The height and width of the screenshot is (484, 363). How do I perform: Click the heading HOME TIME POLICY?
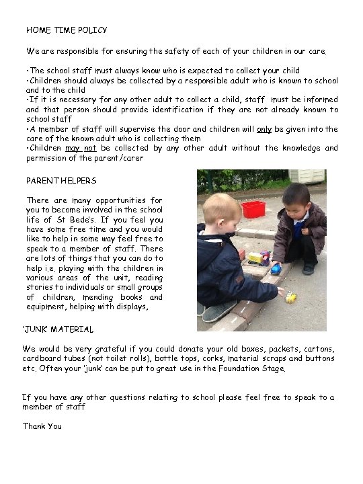point(66,30)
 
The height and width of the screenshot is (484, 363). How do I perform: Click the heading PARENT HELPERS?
point(61,181)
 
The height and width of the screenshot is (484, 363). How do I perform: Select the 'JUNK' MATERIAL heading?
point(58,329)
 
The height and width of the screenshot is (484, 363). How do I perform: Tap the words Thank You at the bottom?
point(42,426)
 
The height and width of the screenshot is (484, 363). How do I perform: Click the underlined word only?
point(264,128)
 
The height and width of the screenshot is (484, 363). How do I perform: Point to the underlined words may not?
point(80,148)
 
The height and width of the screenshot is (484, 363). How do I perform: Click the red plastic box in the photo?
point(253,209)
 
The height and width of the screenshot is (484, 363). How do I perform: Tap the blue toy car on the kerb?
point(276,270)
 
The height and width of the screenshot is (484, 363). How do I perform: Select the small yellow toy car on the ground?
point(290,297)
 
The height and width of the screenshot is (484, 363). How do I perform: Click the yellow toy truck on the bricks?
point(255,257)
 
